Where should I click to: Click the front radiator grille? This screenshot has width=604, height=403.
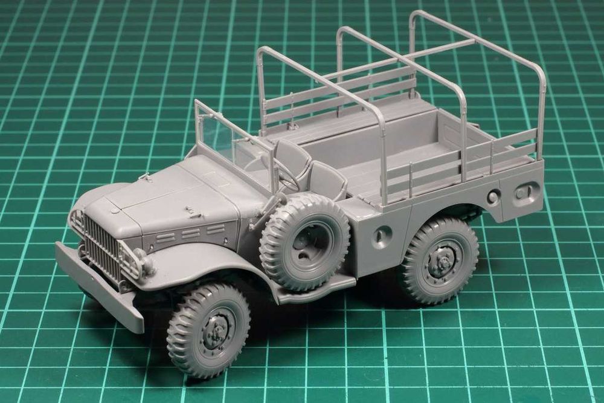pos(100,245)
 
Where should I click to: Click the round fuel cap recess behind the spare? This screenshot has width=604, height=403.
pos(381,237)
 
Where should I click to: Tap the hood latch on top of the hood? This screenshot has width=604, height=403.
pos(193,211)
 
